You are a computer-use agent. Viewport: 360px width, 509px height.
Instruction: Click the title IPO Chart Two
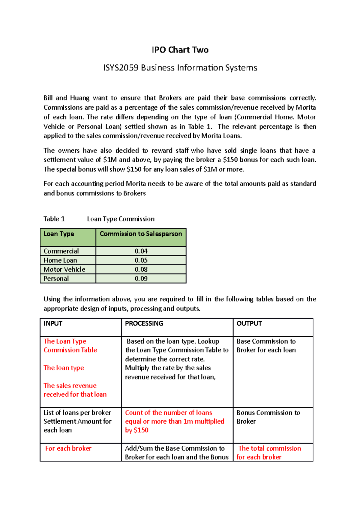point(180,50)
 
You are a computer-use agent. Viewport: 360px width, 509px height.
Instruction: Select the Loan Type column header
point(59,234)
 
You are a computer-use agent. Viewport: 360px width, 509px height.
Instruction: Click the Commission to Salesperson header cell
point(141,234)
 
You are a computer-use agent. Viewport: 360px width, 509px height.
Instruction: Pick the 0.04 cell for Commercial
point(141,251)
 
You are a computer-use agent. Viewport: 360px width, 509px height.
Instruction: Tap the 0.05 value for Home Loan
point(141,260)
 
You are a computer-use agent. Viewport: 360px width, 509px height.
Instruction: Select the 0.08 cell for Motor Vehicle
point(141,269)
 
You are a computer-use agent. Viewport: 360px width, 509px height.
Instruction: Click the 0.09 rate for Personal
point(141,278)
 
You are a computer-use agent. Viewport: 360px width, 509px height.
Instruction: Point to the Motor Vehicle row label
point(64,269)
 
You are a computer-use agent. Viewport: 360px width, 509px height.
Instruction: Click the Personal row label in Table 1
point(56,278)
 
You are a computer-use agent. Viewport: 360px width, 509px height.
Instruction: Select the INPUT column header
point(53,323)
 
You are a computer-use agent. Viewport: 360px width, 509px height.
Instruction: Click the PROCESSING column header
point(144,323)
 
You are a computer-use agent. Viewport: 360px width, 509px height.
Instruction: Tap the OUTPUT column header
point(249,323)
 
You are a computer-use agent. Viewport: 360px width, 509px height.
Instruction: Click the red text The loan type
point(64,368)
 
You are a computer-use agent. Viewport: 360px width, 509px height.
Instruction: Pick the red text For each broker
point(68,448)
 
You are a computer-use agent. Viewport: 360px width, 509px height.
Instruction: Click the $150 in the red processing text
point(141,430)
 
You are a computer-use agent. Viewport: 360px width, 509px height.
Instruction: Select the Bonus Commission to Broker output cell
point(268,417)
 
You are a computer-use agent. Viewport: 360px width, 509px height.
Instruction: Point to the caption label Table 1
point(54,219)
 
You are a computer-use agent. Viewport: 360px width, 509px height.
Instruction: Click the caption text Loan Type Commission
point(121,219)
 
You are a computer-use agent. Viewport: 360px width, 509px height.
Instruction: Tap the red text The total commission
point(269,448)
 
